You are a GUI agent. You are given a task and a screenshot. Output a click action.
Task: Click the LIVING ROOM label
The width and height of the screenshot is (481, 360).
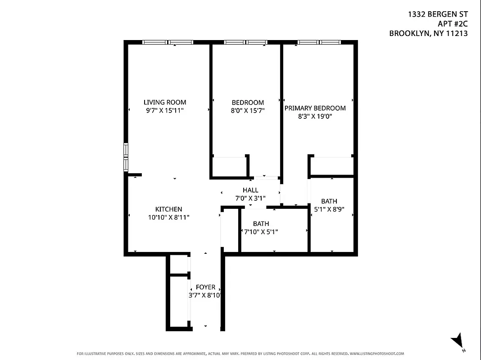pyautogui.click(x=165, y=102)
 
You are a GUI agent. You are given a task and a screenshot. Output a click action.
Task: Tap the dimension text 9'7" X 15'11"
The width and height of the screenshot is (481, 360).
pyautogui.click(x=165, y=110)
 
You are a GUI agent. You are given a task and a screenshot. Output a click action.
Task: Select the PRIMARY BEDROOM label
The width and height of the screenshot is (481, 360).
pyautogui.click(x=315, y=108)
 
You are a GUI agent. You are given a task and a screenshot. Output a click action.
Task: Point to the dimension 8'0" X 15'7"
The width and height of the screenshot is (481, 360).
pyautogui.click(x=245, y=110)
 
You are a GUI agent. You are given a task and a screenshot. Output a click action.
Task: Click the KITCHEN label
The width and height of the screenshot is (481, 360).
pyautogui.click(x=168, y=209)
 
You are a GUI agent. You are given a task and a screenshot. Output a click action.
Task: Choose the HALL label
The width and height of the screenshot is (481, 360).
pyautogui.click(x=250, y=190)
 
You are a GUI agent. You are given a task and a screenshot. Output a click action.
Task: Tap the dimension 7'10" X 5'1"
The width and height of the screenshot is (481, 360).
pyautogui.click(x=261, y=232)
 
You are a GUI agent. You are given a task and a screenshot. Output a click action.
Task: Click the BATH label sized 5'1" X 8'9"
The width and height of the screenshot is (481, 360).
pyautogui.click(x=329, y=201)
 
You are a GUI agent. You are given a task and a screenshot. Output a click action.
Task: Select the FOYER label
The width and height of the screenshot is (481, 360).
pyautogui.click(x=205, y=288)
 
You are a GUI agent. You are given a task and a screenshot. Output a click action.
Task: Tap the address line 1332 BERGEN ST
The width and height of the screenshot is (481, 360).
pyautogui.click(x=437, y=14)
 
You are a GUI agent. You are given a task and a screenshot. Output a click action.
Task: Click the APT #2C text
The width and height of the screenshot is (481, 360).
pyautogui.click(x=452, y=24)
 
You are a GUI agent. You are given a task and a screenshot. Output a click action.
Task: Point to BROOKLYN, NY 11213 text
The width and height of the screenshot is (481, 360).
pyautogui.click(x=428, y=33)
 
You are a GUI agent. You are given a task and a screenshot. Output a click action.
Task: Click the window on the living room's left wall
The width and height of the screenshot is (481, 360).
pyautogui.click(x=126, y=157)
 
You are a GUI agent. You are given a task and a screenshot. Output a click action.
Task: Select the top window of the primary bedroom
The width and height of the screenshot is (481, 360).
pyautogui.click(x=319, y=42)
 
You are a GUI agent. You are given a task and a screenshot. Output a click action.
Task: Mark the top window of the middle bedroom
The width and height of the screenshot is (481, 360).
pyautogui.click(x=246, y=42)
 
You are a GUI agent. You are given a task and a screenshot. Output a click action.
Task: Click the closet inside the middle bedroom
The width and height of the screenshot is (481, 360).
pyautogui.click(x=229, y=166)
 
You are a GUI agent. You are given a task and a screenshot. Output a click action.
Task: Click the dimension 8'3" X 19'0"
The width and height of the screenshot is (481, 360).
pyautogui.click(x=315, y=116)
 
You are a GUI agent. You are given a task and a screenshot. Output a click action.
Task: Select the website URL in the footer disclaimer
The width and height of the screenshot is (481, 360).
pyautogui.click(x=377, y=354)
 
